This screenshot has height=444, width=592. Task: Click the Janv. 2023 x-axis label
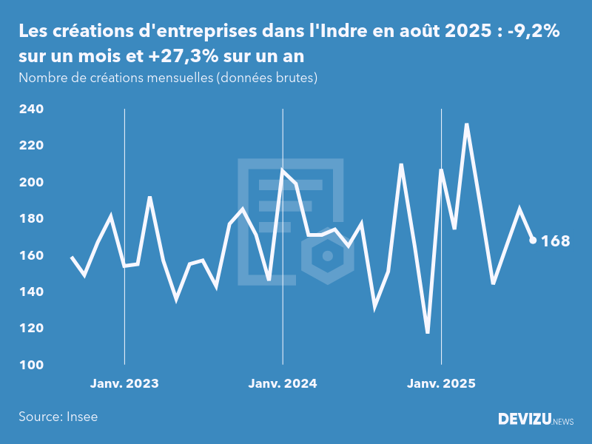tap(124, 383)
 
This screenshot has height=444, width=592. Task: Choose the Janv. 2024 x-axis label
tap(283, 383)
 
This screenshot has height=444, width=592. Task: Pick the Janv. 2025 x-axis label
tap(441, 383)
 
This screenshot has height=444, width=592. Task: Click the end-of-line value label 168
tap(556, 240)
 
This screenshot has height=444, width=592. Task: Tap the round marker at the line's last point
tap(533, 240)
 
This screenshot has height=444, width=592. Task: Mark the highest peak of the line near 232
tap(467, 124)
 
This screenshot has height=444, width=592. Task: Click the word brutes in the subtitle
tap(295, 77)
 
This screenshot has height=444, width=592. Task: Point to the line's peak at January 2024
tap(283, 170)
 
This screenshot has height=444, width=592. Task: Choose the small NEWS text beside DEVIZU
tap(563, 421)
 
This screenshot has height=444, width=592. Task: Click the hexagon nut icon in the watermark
tap(326, 257)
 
